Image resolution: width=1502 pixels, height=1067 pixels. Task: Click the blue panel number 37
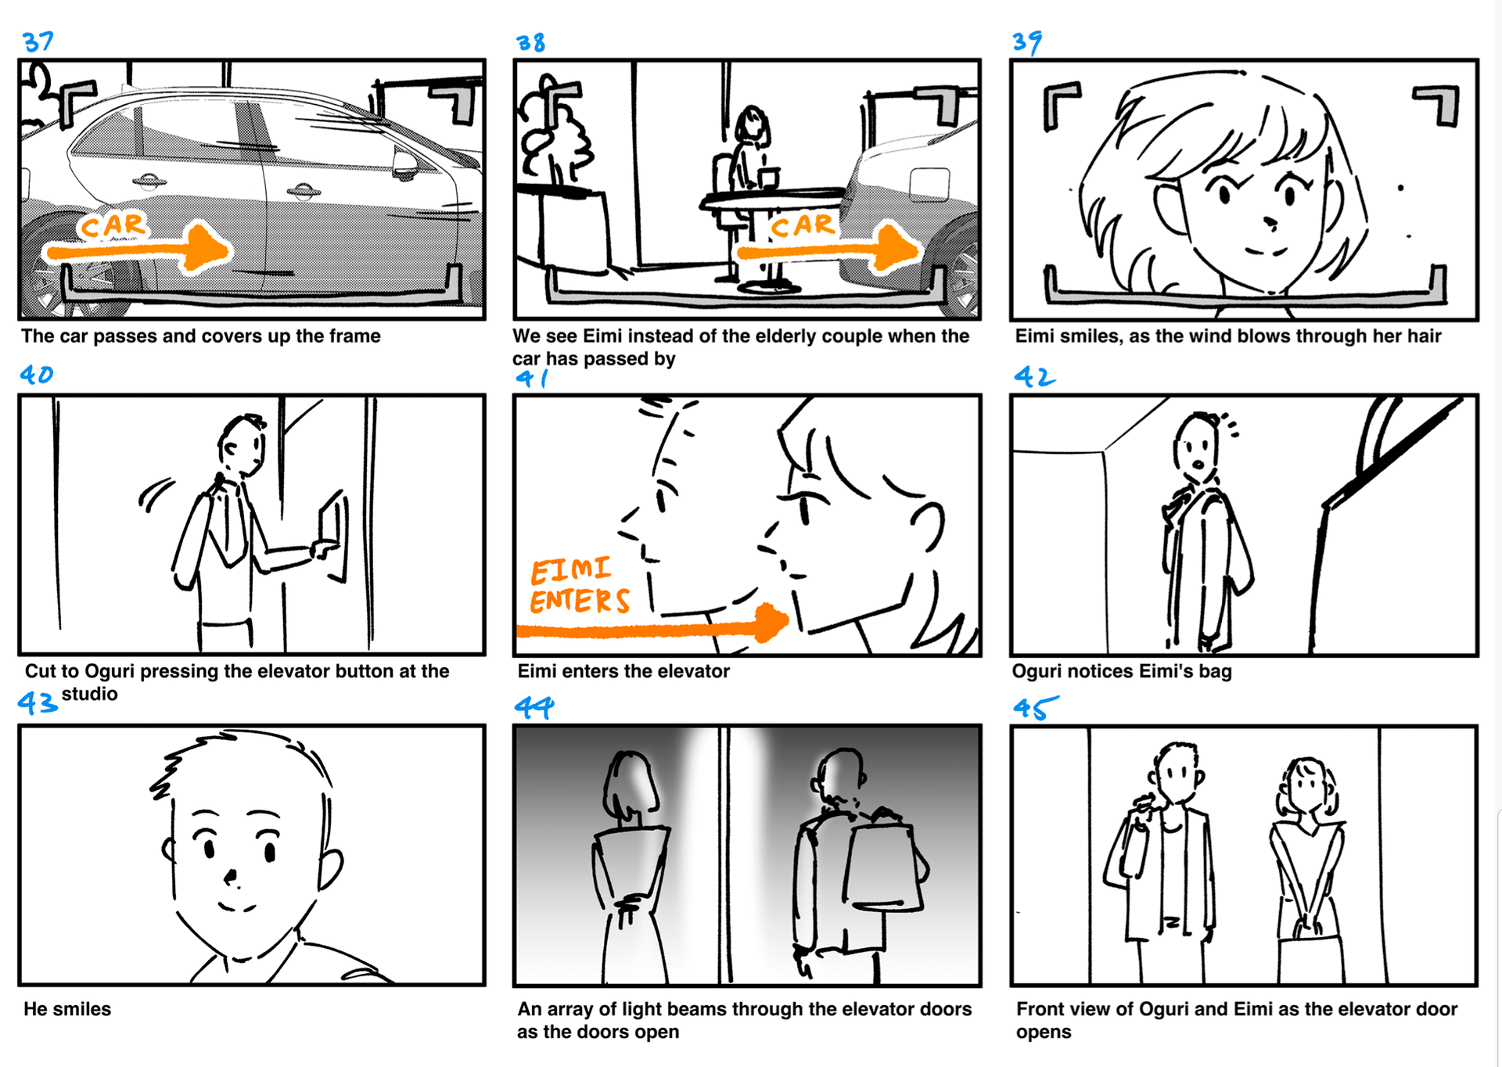(x=38, y=41)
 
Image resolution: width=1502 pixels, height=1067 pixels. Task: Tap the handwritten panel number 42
(x=1034, y=377)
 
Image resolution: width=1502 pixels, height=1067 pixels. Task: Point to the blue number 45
(x=1035, y=708)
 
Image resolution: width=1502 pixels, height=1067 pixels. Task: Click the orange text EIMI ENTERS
(x=580, y=586)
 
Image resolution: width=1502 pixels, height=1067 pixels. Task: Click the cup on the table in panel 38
(x=769, y=178)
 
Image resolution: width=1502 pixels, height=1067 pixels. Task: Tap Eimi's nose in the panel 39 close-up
(x=1270, y=222)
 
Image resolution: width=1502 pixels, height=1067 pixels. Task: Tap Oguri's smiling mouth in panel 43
(x=235, y=908)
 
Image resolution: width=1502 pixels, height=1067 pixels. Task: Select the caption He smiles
(x=67, y=1009)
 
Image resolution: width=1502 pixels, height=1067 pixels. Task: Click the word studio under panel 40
(x=90, y=694)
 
